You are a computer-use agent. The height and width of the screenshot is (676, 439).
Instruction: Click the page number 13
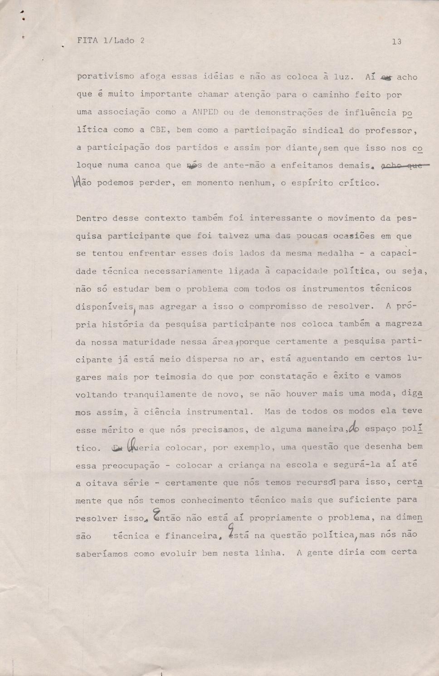click(396, 42)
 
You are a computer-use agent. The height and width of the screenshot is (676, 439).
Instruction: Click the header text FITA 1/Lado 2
click(111, 40)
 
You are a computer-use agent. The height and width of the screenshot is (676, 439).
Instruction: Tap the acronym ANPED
click(205, 113)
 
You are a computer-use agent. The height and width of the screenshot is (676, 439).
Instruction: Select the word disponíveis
click(104, 307)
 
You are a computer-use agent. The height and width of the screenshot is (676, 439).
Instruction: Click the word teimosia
click(176, 377)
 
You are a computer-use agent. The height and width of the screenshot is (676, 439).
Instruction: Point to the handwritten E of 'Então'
click(157, 515)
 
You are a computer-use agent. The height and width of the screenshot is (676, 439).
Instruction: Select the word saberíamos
click(102, 554)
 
